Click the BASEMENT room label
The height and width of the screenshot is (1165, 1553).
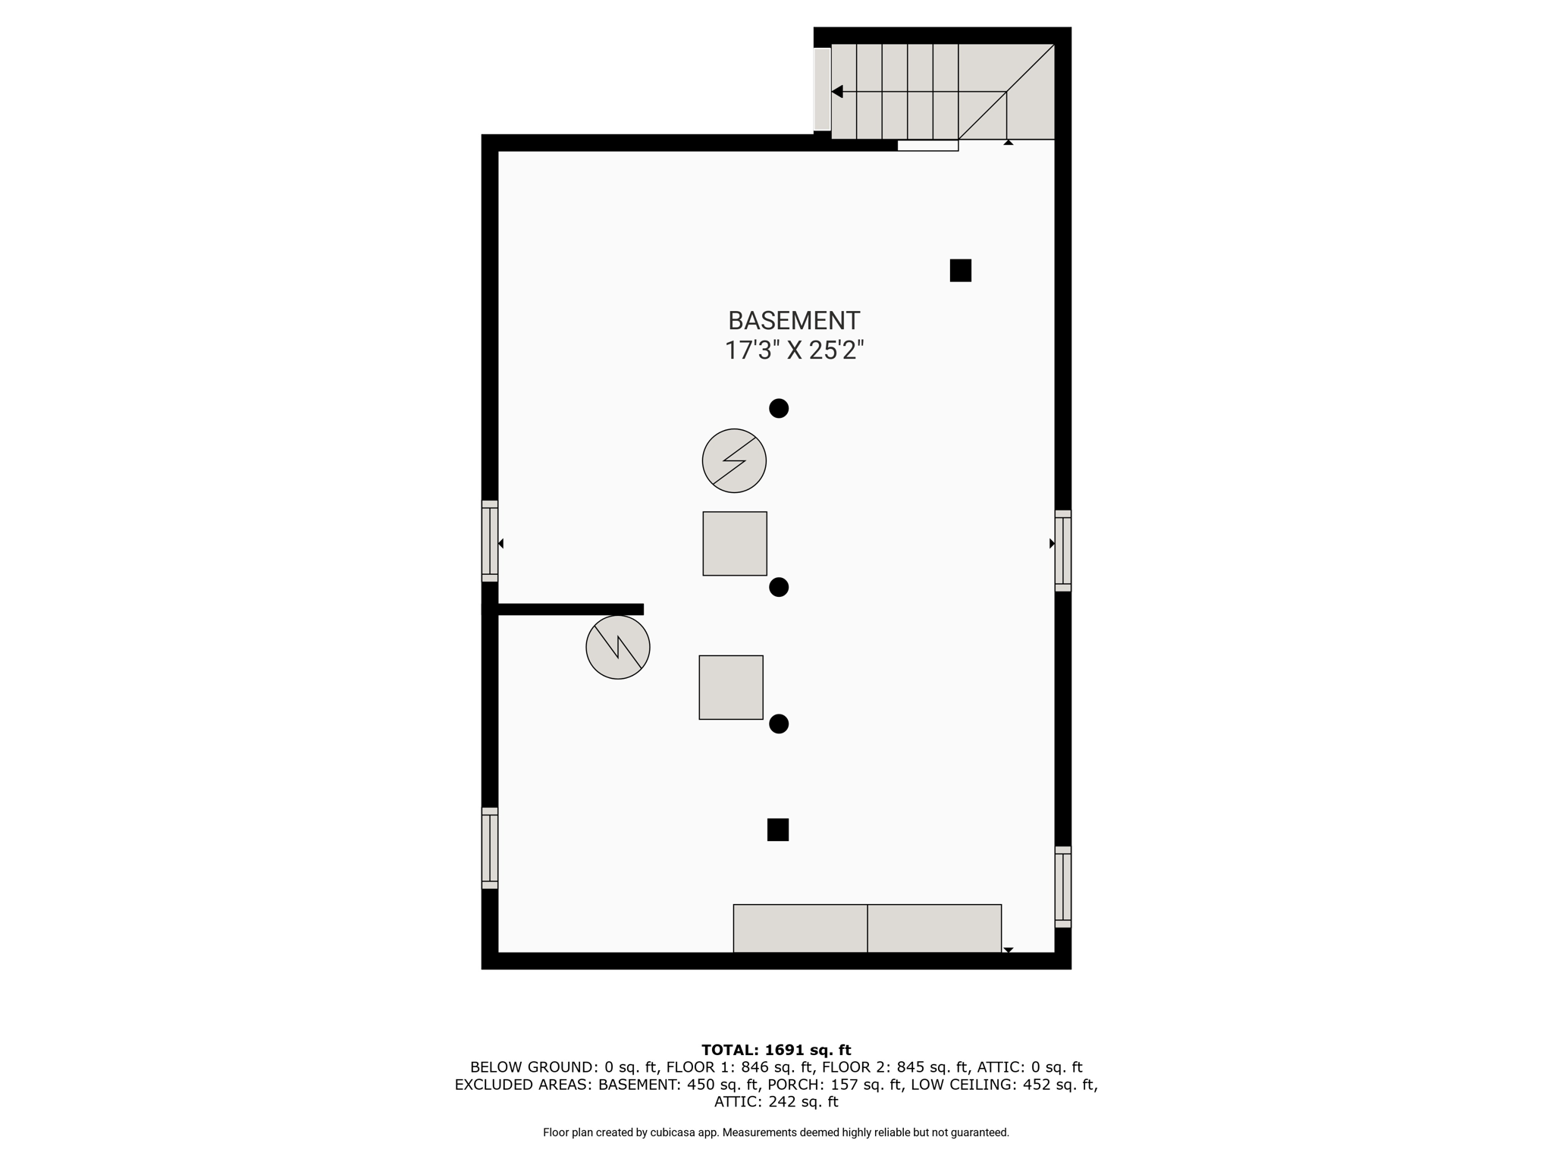tap(794, 321)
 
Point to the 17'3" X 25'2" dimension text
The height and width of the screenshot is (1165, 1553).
tap(794, 350)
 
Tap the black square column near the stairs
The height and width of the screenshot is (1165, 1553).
tap(961, 271)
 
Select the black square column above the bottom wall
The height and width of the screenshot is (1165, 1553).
tap(778, 830)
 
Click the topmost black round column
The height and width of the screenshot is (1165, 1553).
tap(779, 409)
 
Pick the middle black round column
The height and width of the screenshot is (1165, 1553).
tap(779, 587)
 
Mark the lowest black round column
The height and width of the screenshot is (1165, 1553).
tap(779, 724)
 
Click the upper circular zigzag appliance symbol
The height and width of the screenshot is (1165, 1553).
tap(734, 461)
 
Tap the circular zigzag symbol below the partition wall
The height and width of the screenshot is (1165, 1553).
tap(618, 647)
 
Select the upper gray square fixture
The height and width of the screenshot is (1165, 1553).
tap(735, 544)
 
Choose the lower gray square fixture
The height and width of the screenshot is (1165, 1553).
tap(731, 687)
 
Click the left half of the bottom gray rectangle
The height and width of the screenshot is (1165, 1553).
tap(800, 928)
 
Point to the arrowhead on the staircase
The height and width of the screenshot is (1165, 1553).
tap(837, 92)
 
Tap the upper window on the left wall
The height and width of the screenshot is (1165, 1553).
tap(490, 542)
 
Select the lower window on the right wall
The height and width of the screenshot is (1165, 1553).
tap(1063, 887)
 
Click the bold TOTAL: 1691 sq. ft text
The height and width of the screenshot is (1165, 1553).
tap(776, 1050)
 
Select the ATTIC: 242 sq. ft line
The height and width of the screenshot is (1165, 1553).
tap(776, 1102)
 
